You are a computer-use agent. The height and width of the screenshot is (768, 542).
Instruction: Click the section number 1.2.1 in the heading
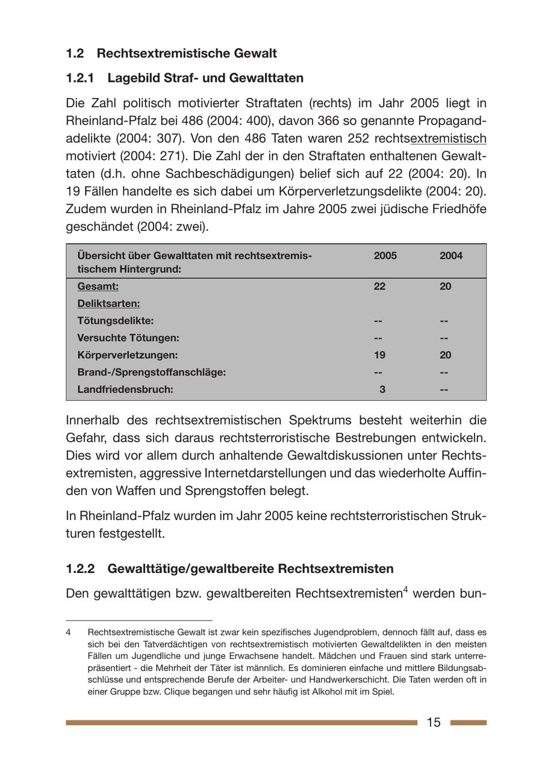pos(81,78)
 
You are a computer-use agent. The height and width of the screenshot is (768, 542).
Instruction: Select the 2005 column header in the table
pos(385,256)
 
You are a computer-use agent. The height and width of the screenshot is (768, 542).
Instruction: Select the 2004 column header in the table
pos(451,256)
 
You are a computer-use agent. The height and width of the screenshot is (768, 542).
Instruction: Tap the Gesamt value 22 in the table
pos(379,286)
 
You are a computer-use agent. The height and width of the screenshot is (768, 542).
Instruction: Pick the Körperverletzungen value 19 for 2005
pos(379,355)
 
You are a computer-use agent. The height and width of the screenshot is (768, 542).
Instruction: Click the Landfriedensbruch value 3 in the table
pos(382,389)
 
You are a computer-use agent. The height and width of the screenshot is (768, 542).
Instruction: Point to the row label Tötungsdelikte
pos(115,321)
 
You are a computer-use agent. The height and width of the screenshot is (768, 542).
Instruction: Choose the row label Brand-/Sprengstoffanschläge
pos(151,372)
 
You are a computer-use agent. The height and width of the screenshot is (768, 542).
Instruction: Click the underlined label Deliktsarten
pos(108,303)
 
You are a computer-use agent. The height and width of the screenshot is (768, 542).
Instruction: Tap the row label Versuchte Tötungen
pos(128,338)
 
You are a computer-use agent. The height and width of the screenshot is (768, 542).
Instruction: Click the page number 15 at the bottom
pos(434,722)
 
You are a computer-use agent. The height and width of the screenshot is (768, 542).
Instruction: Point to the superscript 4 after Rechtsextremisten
pos(405,590)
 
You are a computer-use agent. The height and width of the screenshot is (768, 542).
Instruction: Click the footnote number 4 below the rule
pos(69,633)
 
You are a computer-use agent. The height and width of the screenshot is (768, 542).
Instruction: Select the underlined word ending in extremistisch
pos(448,139)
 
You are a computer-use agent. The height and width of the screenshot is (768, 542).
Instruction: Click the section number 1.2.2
pos(81,569)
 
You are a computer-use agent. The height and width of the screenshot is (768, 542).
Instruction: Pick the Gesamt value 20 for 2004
pos(445,286)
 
